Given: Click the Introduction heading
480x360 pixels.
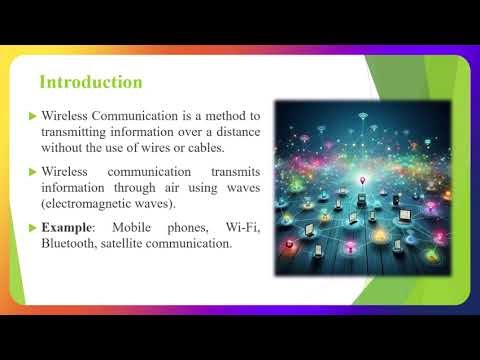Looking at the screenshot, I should click(90, 81).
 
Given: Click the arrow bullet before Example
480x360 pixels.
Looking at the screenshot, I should click(32, 229).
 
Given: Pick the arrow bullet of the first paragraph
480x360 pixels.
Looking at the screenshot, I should click(32, 115).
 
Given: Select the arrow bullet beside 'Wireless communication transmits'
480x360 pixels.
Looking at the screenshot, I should click(32, 171).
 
